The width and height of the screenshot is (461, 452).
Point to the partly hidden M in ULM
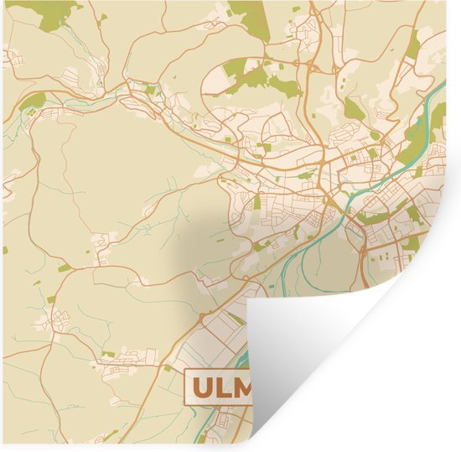(244, 387)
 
